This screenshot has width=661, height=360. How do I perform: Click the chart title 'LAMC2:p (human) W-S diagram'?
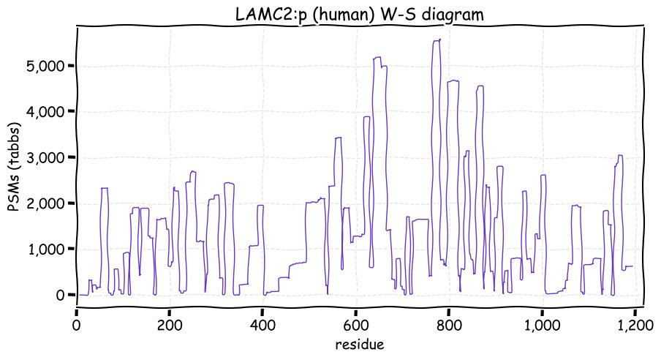pos(360,14)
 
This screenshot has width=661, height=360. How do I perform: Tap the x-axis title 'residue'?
pos(360,343)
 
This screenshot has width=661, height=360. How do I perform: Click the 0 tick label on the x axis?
pos(77,324)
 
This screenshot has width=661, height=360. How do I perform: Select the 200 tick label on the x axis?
pos(170,324)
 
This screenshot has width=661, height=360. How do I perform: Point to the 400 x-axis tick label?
pos(262,324)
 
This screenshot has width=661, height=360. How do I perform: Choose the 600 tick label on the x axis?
pos(355,324)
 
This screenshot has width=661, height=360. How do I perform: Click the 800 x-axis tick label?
pos(448,324)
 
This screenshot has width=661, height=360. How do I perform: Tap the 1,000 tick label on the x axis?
pos(541,324)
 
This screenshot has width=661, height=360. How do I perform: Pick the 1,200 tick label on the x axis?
pos(634,324)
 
